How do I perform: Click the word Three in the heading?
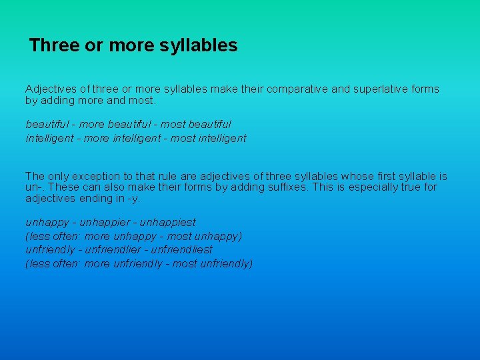pos(55,45)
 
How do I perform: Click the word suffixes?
pos(286,187)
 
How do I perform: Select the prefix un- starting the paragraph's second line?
pos(33,187)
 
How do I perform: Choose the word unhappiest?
pos(167,222)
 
